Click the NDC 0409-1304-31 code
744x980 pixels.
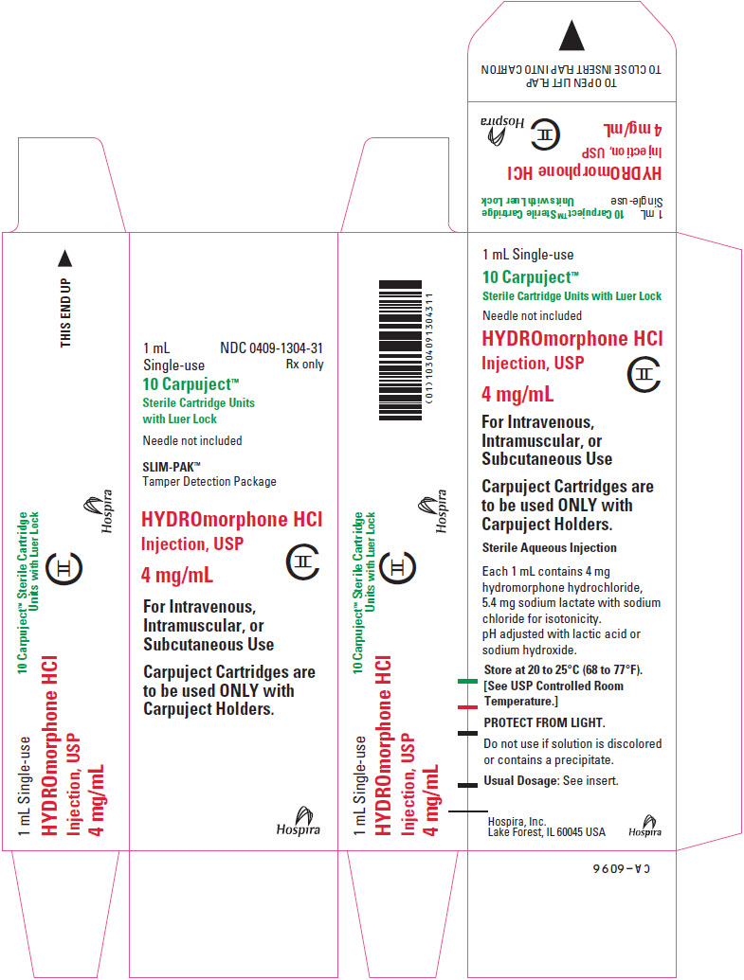pos(272,348)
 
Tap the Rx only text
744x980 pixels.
pos(305,365)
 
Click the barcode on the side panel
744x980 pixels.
pos(401,350)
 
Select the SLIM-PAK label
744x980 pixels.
pos(172,466)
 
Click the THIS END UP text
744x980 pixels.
pos(65,312)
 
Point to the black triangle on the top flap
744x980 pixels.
pos(572,35)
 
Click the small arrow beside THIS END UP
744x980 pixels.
pos(65,258)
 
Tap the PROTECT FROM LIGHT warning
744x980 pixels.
pos(544,723)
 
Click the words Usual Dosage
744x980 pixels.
pos(520,780)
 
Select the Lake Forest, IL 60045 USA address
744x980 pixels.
pos(547,832)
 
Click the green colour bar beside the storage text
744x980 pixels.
pos(467,681)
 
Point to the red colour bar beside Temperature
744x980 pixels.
pos(467,707)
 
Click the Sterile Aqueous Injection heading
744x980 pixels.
pos(550,548)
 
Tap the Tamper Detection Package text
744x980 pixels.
pos(209,482)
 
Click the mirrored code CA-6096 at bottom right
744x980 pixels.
pos(622,869)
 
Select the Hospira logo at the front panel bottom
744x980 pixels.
pos(299,821)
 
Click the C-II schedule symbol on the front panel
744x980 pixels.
pos(303,561)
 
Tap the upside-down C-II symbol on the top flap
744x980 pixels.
pos(544,134)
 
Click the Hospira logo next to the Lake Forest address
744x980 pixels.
pos(645,826)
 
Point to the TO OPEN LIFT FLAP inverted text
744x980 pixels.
pos(572,82)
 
